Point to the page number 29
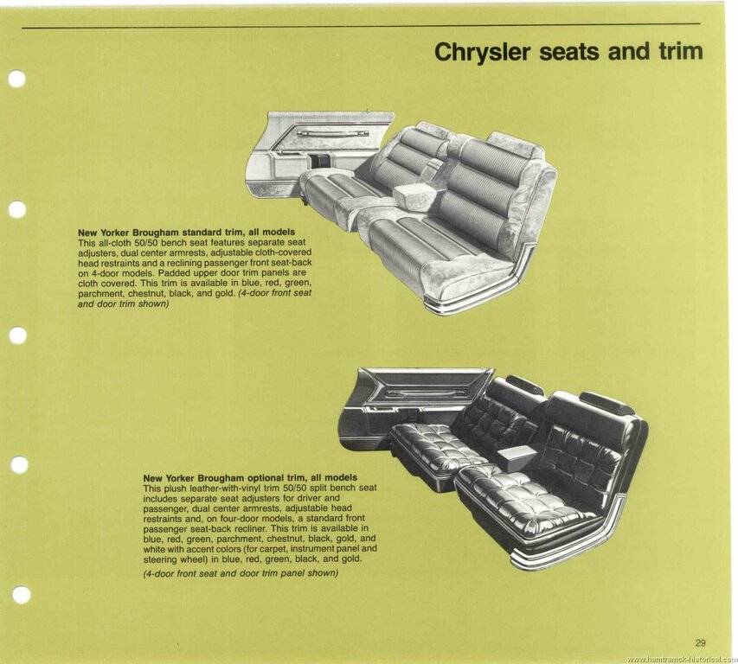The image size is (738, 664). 700,643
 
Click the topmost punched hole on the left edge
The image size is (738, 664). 17,79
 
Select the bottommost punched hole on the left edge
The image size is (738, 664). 21,596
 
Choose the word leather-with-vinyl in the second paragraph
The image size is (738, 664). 223,488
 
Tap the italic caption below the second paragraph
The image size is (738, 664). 241,573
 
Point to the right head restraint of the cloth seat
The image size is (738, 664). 516,143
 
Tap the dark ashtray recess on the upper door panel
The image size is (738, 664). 321,162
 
